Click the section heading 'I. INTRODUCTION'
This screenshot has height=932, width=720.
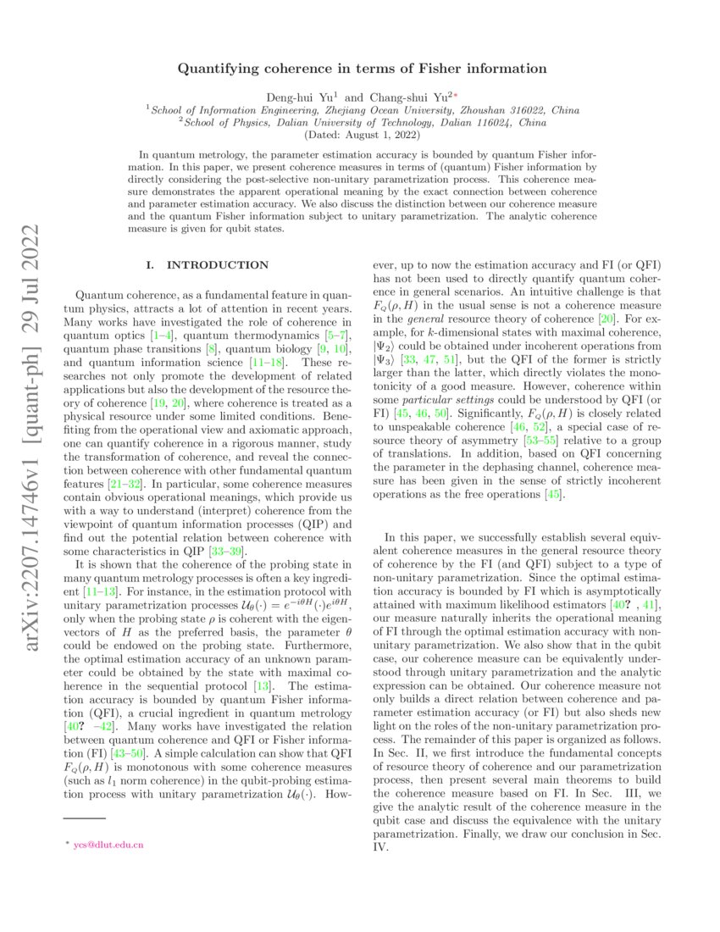coord(208,265)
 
